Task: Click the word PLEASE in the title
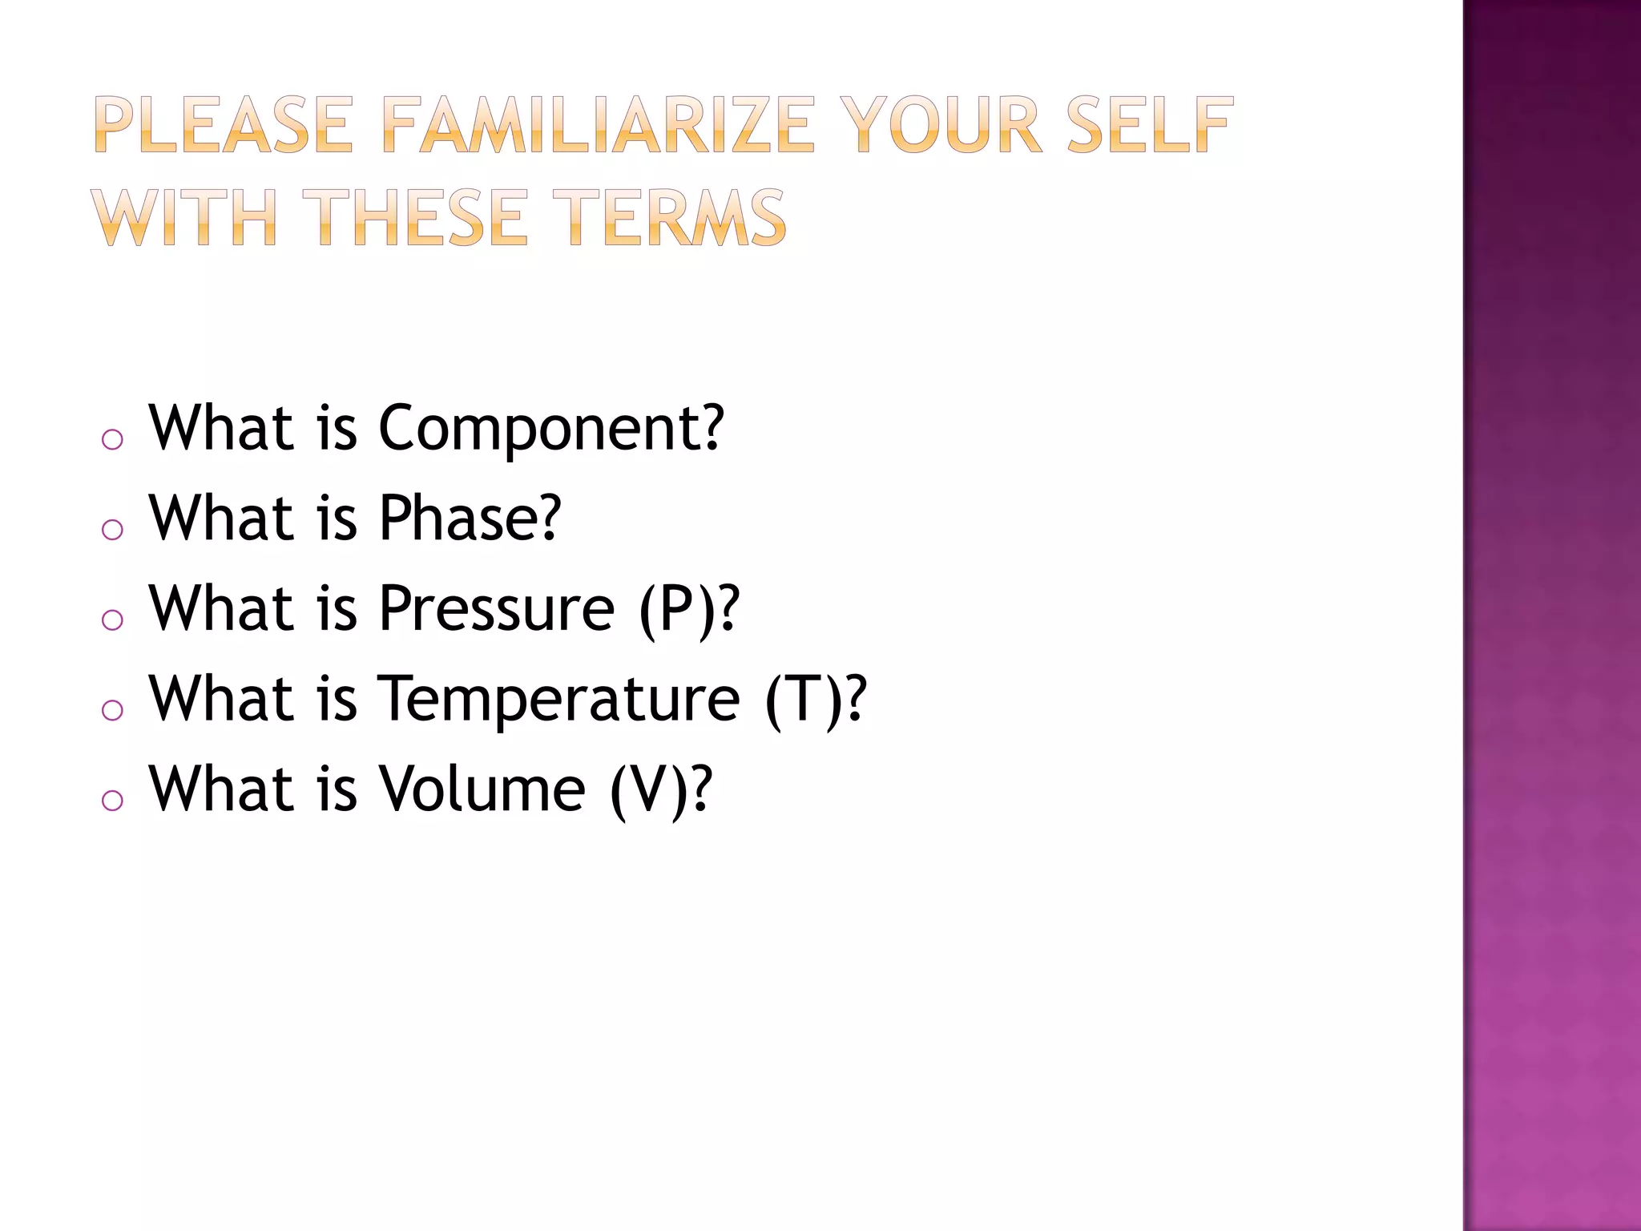pyautogui.click(x=224, y=125)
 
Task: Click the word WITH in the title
pyautogui.click(x=183, y=218)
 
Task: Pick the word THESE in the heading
pyautogui.click(x=420, y=218)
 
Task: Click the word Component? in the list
pyautogui.click(x=550, y=429)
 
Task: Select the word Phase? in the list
pyautogui.click(x=470, y=519)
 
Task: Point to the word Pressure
pyautogui.click(x=497, y=609)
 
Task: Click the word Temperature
pyautogui.click(x=558, y=699)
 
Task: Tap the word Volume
pyautogui.click(x=482, y=789)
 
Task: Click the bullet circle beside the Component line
pyautogui.click(x=113, y=439)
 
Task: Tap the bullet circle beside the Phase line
pyautogui.click(x=113, y=529)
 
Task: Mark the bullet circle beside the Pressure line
pyautogui.click(x=113, y=620)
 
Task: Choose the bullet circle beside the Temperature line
pyautogui.click(x=113, y=709)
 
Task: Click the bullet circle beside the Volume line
pyautogui.click(x=113, y=800)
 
